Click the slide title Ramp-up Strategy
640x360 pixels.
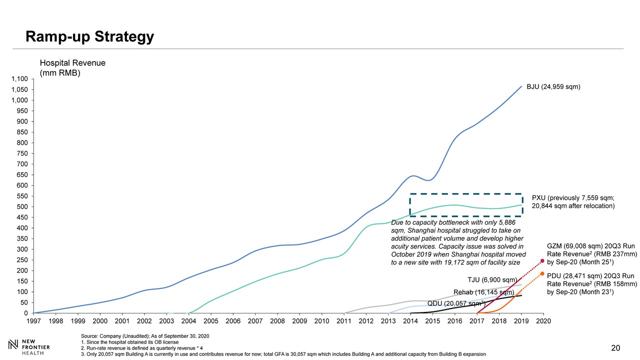pos(90,36)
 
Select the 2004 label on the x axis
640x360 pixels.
pos(189,320)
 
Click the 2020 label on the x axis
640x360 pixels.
pos(543,320)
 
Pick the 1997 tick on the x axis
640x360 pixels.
pos(34,320)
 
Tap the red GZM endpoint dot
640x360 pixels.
pos(542,260)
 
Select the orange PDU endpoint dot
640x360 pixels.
pos(542,273)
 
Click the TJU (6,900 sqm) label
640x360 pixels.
pos(488,279)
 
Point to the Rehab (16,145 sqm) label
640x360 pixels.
pos(483,292)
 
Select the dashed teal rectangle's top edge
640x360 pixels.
pos(466,193)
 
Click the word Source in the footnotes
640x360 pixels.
pos(88,335)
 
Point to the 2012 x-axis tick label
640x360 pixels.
pos(366,320)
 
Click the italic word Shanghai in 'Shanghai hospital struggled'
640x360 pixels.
pos(422,230)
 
